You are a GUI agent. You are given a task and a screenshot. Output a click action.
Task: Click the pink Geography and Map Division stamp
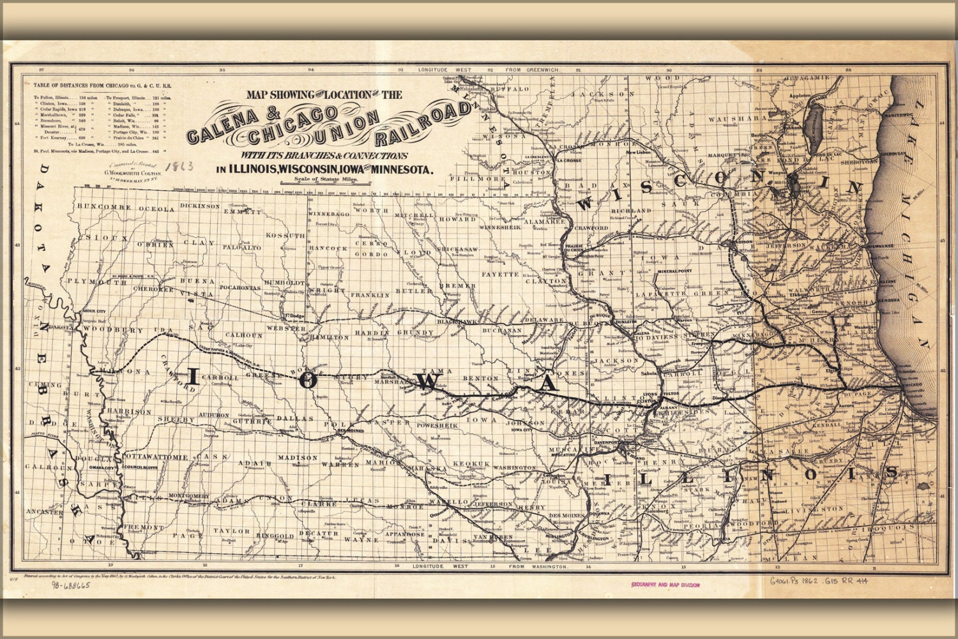(x=665, y=585)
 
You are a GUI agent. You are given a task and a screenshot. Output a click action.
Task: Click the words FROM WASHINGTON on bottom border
(x=537, y=567)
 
